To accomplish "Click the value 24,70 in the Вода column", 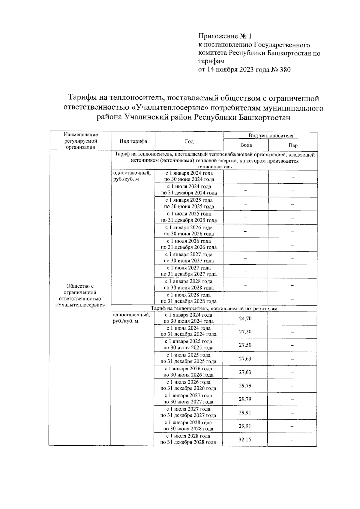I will point(245,318).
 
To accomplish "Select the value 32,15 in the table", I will point(245,440).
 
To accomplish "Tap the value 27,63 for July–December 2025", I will point(245,359).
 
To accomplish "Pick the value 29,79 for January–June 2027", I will point(245,399).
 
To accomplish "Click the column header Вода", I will point(246,145).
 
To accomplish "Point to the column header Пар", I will point(293,145).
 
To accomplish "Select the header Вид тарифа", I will point(133,141).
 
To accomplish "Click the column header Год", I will point(189,141).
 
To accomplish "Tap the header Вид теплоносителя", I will point(271,136).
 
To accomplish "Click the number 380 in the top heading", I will point(285,70).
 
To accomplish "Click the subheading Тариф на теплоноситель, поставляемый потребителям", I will point(214,309).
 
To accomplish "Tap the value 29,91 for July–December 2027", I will point(245,413).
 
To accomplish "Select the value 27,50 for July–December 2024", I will point(245,332).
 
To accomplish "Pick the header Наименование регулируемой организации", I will point(81,141).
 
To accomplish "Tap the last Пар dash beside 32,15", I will point(292,440).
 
